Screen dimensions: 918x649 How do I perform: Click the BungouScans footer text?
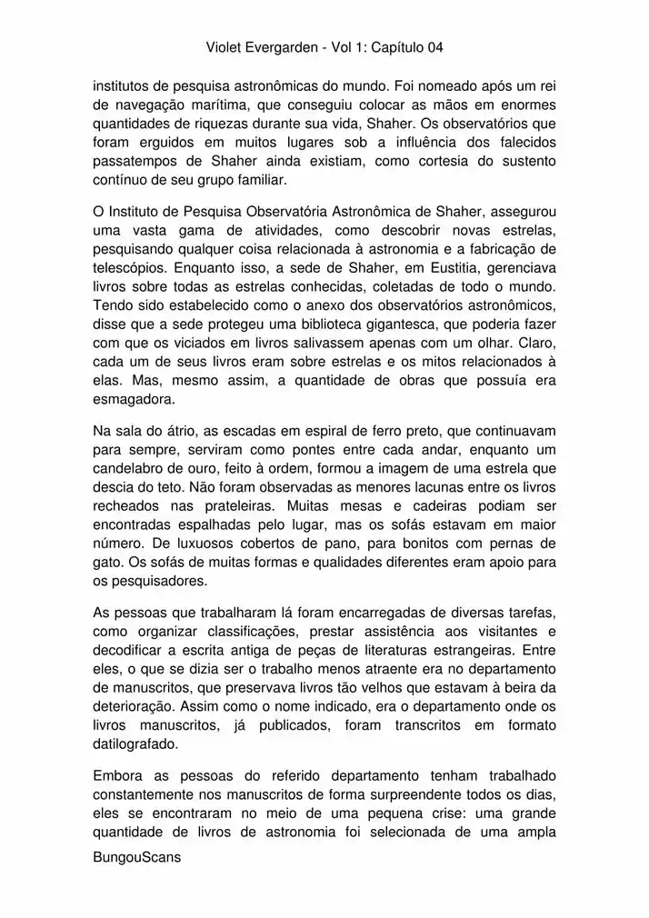point(137,857)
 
